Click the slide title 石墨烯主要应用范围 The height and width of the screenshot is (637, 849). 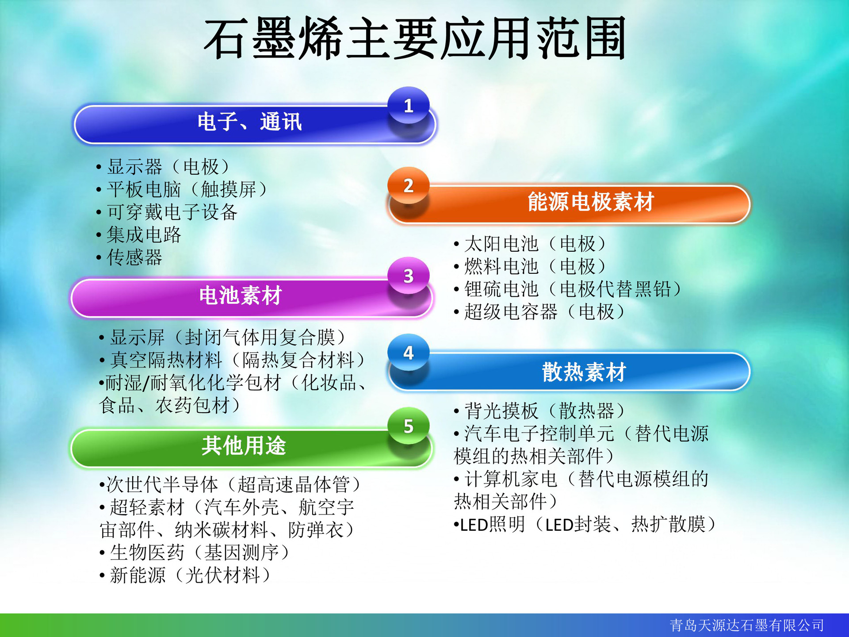tap(415, 39)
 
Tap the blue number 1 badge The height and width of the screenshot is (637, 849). tap(408, 106)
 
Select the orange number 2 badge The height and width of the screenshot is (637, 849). tap(408, 186)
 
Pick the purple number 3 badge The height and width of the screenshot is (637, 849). tap(408, 276)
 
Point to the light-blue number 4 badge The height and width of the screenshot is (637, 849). tap(408, 353)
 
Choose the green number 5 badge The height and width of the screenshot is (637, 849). tap(408, 426)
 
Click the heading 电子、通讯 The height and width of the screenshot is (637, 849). tap(249, 122)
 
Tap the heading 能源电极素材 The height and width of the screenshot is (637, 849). tap(590, 202)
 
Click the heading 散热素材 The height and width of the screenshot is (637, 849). tap(584, 372)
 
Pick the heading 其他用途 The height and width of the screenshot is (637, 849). tap(244, 446)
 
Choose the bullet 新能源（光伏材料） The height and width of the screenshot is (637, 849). tap(190, 576)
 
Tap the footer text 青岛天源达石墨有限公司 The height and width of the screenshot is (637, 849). tap(747, 625)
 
